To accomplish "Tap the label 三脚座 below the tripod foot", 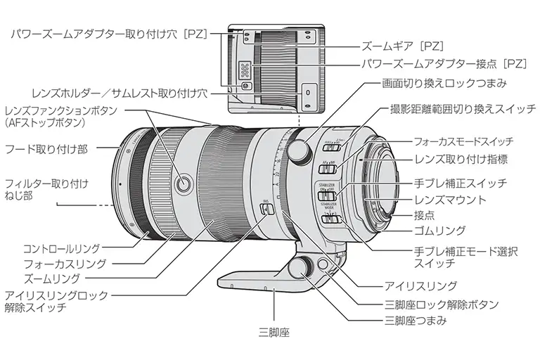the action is [274, 333].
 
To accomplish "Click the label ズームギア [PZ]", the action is [403, 46].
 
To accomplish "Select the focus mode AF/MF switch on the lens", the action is [327, 169].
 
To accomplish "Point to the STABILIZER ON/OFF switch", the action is [326, 196].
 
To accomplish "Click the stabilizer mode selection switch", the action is [330, 219].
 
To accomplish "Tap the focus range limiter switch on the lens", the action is [332, 147].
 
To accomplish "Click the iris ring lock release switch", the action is [266, 209].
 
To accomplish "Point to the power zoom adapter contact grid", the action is [245, 70].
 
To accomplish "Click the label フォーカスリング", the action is [65, 264].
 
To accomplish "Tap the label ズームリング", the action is [51, 278].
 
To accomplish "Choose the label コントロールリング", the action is [62, 248].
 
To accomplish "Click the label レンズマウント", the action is [450, 200].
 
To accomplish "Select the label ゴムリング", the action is [439, 230].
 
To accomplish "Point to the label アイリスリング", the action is [420, 286].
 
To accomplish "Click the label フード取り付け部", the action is [46, 149].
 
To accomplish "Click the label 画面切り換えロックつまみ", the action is [444, 83].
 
